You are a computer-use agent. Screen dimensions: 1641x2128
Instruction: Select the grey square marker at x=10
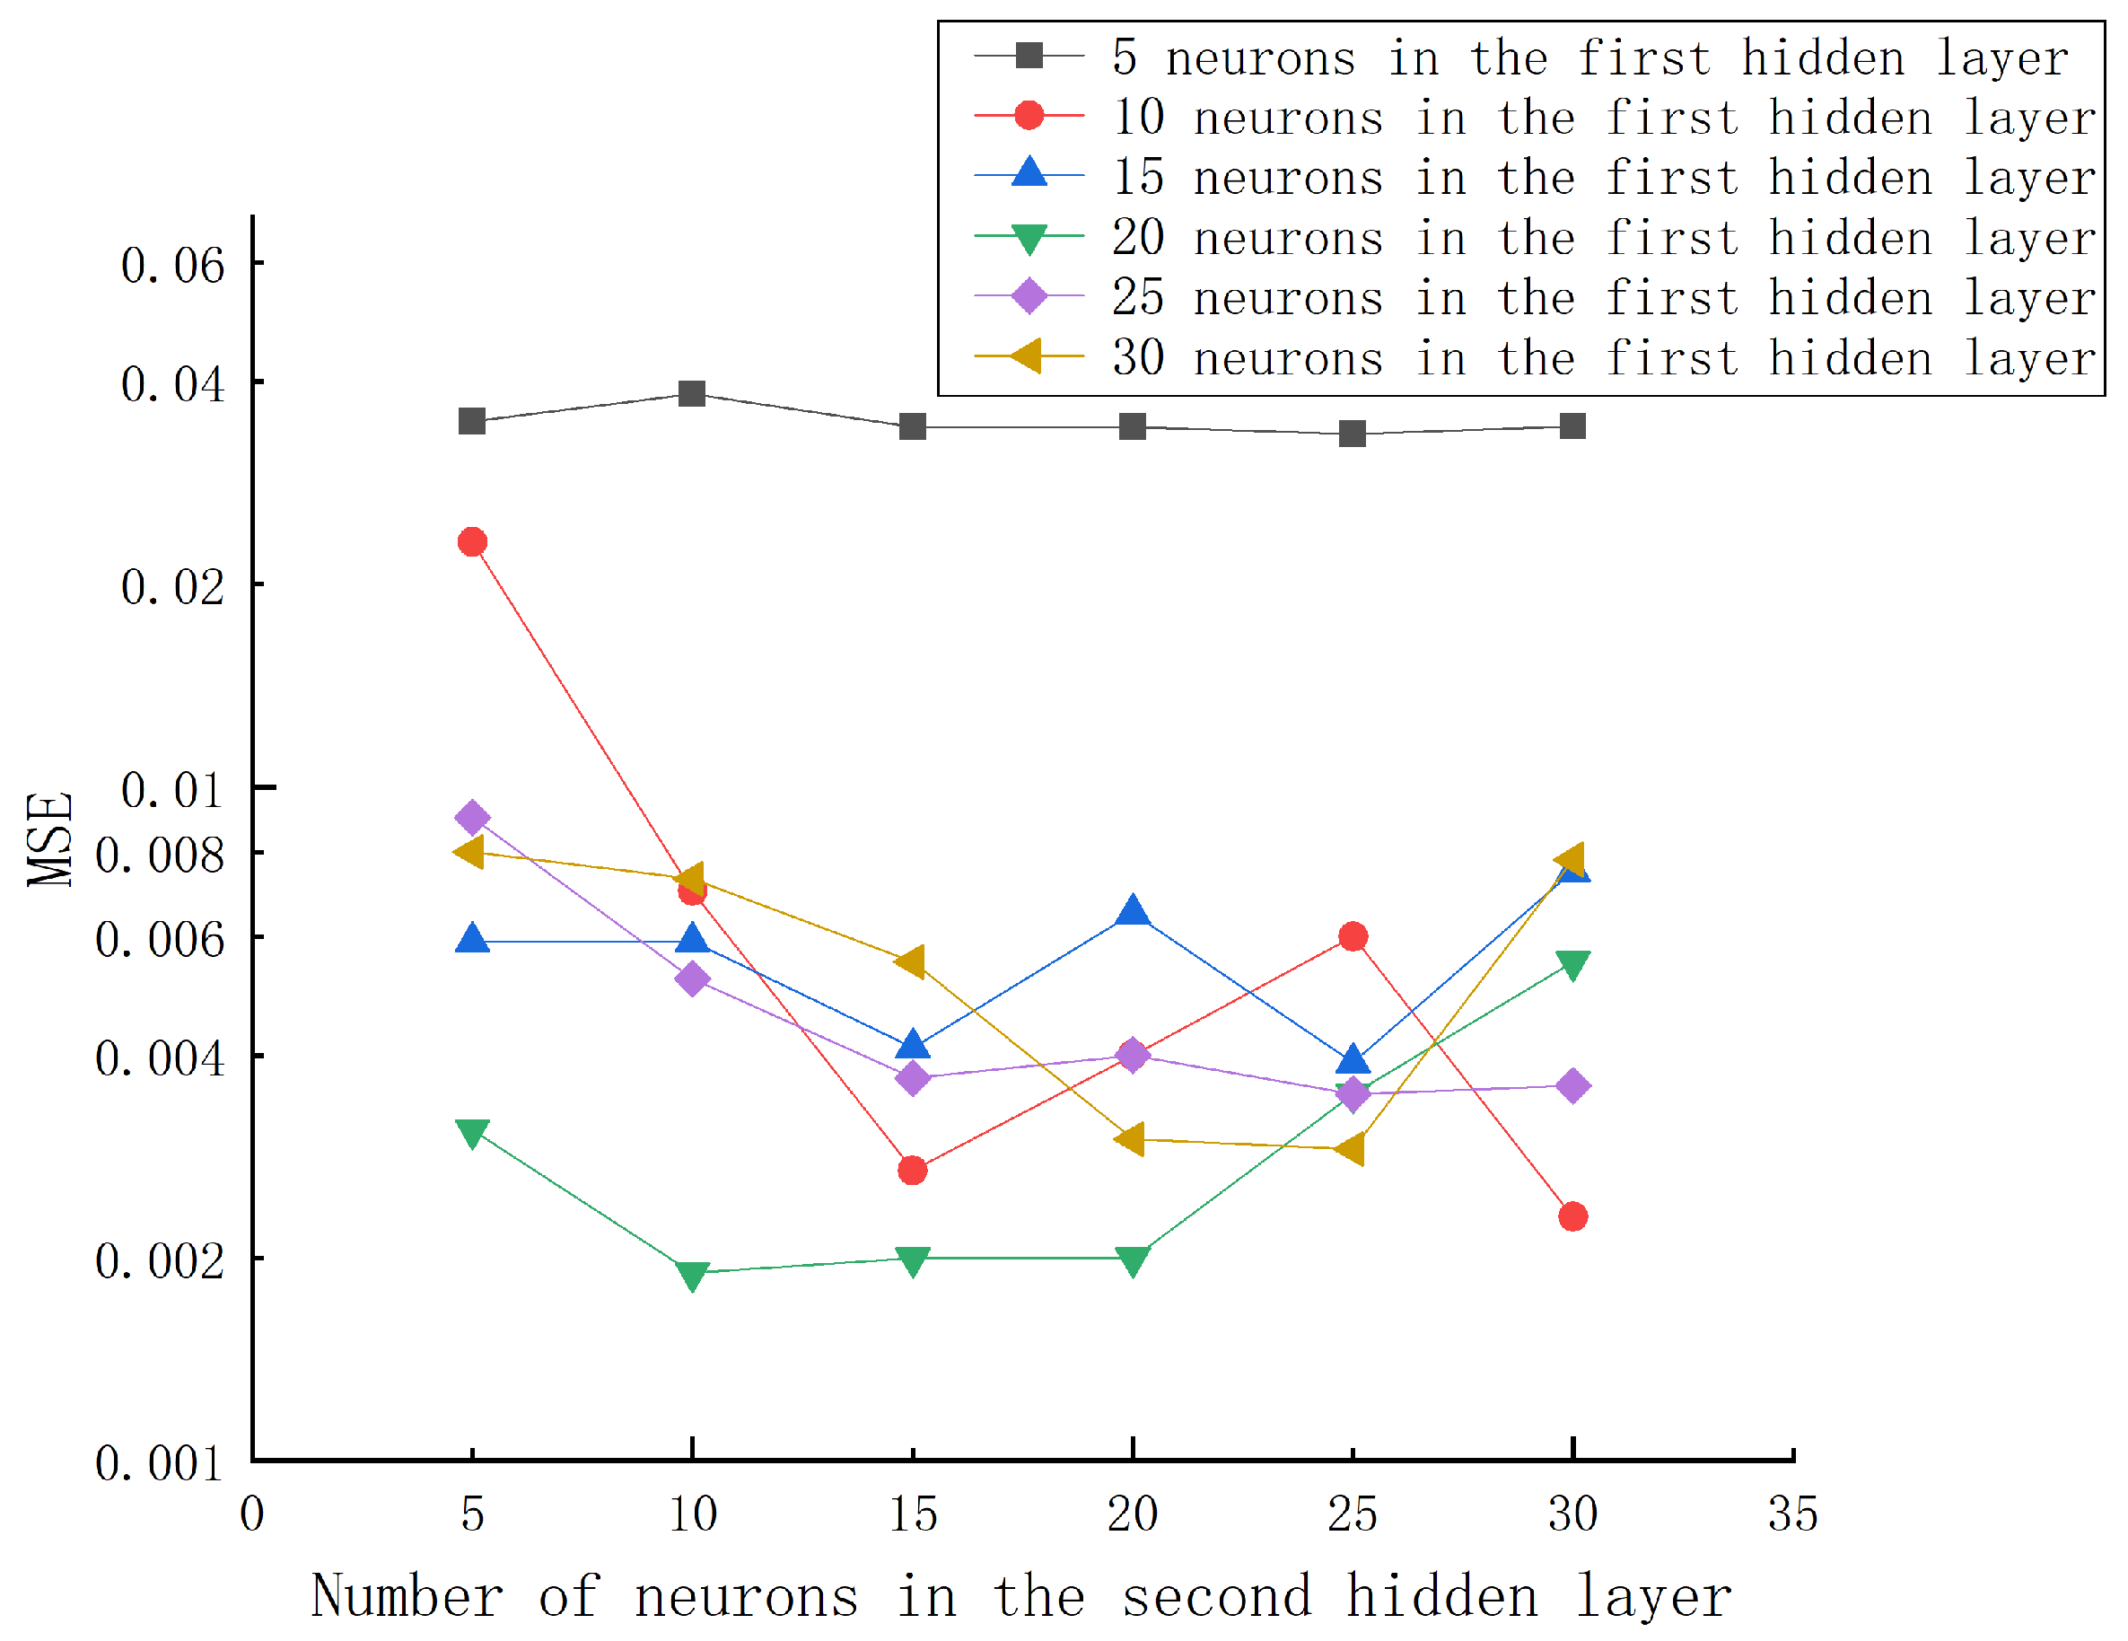tap(692, 394)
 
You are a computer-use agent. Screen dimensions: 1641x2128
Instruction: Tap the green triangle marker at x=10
tap(692, 1275)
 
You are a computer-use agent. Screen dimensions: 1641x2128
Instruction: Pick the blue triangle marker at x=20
tap(1132, 912)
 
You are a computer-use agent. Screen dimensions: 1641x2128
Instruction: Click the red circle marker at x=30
tap(1572, 1216)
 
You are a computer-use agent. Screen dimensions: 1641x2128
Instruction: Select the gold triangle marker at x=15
tap(911, 961)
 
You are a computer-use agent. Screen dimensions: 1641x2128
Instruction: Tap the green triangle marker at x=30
tap(1572, 965)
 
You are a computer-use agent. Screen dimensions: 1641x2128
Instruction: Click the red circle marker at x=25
tap(1353, 936)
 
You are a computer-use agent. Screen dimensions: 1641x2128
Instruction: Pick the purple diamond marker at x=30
tap(1572, 1085)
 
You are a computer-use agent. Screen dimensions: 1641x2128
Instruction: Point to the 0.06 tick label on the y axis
tap(172, 266)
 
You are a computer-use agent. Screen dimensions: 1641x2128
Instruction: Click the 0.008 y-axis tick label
tap(160, 856)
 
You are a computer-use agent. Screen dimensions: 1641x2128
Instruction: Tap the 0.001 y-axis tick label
tap(160, 1463)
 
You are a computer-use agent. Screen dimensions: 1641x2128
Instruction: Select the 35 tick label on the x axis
tap(1793, 1515)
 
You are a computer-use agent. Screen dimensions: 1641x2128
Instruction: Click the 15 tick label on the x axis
tap(913, 1515)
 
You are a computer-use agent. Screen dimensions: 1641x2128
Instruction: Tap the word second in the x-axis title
tap(1217, 1598)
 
